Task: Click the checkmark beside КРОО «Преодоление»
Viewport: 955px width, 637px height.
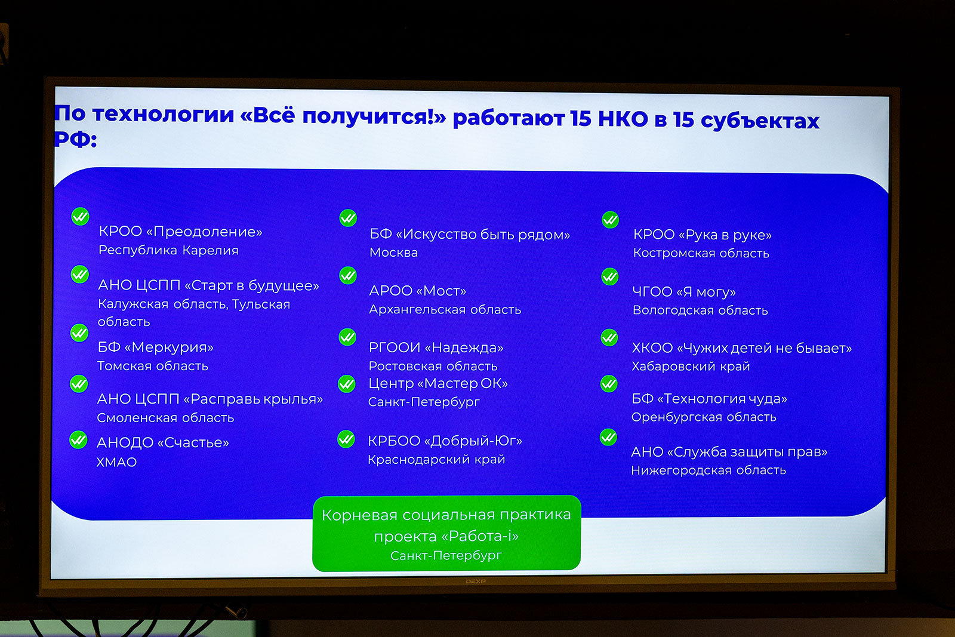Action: click(80, 217)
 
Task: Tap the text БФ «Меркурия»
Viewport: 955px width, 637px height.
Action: click(156, 347)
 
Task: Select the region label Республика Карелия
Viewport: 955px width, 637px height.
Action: click(168, 250)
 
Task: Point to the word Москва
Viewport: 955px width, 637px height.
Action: click(393, 253)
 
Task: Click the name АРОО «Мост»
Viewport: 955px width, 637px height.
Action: click(418, 291)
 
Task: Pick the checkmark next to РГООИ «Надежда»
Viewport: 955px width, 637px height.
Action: click(347, 337)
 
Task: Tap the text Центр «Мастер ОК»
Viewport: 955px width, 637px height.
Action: click(438, 383)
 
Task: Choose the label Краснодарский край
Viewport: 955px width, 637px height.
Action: click(436, 460)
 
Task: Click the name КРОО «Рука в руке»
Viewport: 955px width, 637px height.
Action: click(703, 235)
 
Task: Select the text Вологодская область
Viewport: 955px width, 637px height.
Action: click(701, 310)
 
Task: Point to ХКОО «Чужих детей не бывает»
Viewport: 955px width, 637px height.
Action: click(742, 348)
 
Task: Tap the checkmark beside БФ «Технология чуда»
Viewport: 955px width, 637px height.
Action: click(609, 384)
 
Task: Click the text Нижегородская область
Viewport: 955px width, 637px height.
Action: click(708, 470)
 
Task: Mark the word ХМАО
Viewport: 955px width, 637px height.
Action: click(117, 462)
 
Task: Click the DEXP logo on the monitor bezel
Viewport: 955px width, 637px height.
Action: click(475, 581)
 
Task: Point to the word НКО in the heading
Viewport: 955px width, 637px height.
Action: click(623, 119)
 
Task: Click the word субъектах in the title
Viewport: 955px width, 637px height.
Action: click(760, 121)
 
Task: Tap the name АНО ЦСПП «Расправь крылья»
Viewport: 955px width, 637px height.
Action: click(210, 399)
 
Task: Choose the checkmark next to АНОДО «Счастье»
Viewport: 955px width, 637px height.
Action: click(78, 439)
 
